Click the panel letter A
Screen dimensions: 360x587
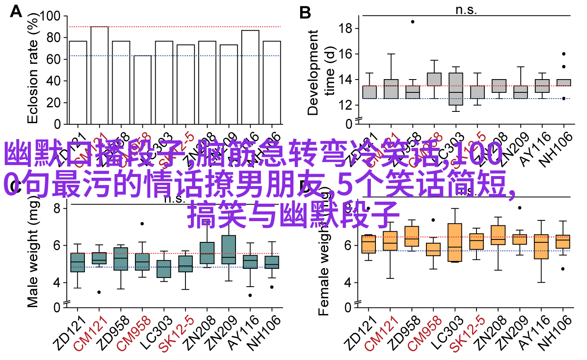(x=16, y=11)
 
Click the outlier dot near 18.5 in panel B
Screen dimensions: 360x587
(x=412, y=22)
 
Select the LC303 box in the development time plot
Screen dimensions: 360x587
(x=456, y=89)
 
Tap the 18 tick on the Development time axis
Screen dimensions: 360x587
(x=345, y=29)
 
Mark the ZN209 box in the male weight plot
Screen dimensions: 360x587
(x=229, y=250)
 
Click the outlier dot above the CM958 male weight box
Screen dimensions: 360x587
(x=142, y=224)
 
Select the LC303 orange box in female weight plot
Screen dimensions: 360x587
(x=455, y=242)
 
